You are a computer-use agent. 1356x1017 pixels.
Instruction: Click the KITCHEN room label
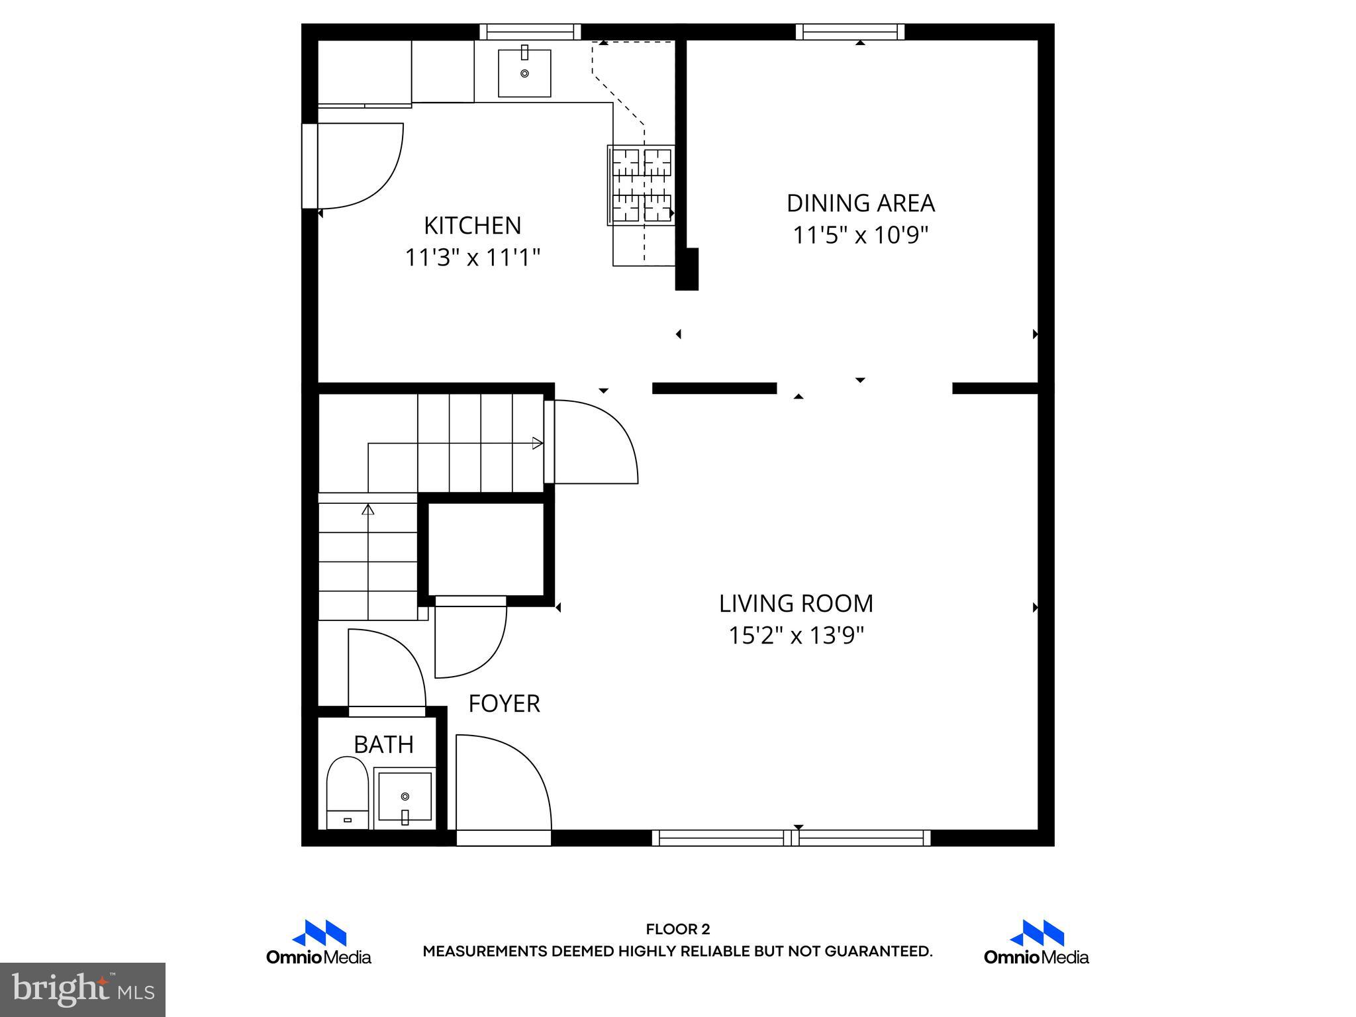[x=472, y=226]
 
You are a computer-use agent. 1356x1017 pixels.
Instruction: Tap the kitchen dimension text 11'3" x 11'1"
[x=472, y=258]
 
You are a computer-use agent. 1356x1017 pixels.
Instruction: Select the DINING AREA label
[x=860, y=203]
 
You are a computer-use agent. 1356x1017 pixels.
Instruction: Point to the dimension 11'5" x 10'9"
[x=860, y=235]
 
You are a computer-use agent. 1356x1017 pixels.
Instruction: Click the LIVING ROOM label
[x=796, y=604]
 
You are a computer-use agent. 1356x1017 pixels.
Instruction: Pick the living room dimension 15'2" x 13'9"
[x=796, y=636]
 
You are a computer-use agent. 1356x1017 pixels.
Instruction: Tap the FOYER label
[x=504, y=703]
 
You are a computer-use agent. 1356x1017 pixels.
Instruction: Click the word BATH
[x=383, y=745]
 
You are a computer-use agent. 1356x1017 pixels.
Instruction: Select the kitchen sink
[x=524, y=73]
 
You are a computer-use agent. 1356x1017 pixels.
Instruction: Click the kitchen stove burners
[x=641, y=185]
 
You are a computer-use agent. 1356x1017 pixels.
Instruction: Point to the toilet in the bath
[x=348, y=791]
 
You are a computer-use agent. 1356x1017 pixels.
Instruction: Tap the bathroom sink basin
[x=405, y=795]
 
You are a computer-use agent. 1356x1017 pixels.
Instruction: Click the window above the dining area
[x=850, y=32]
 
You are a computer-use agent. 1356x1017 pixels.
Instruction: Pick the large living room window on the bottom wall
[x=791, y=838]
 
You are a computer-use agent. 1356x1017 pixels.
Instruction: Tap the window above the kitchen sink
[x=530, y=32]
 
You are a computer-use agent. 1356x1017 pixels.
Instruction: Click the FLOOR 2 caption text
[x=677, y=930]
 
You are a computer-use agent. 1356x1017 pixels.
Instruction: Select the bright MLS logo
[x=83, y=990]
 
